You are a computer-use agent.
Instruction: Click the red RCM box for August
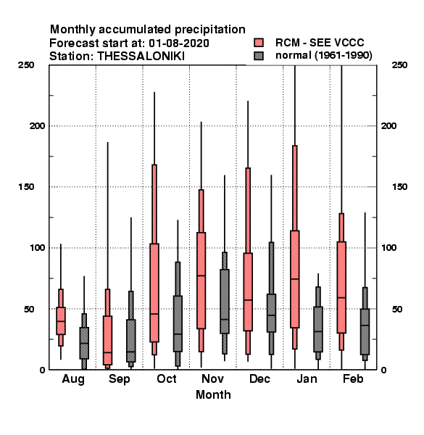[x=61, y=320]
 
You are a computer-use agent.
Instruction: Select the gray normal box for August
[x=84, y=343]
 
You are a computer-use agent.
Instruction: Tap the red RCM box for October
[x=154, y=293]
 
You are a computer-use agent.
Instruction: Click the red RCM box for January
[x=295, y=279]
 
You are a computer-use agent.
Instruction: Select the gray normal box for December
[x=271, y=313]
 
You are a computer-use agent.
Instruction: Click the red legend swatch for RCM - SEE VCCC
[x=259, y=43]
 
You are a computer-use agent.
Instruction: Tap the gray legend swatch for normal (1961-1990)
[x=259, y=56]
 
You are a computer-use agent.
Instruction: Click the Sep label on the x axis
[x=120, y=379]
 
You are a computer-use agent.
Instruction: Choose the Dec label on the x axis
[x=259, y=378]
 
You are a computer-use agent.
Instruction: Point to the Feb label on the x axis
[x=353, y=378]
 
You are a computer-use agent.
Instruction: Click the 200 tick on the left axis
[x=38, y=125]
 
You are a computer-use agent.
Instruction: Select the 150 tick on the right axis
[x=399, y=187]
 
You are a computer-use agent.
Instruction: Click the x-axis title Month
[x=213, y=395]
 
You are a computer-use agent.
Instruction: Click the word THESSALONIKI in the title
[x=141, y=57]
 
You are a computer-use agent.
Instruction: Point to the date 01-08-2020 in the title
[x=179, y=43]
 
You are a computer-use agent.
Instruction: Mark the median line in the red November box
[x=201, y=275]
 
